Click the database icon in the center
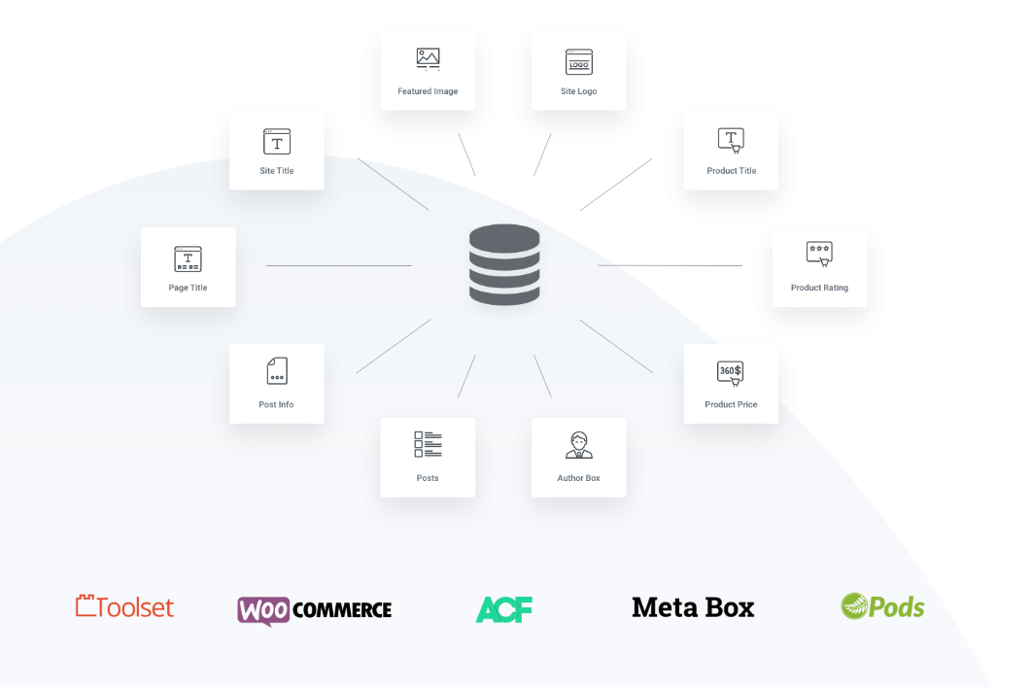tap(504, 265)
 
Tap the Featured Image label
tap(428, 91)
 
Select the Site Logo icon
tap(579, 62)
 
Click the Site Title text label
tap(277, 171)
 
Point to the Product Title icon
tap(731, 141)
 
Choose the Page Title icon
tap(188, 258)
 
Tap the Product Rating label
tap(819, 288)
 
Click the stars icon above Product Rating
tap(819, 253)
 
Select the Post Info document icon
tap(277, 370)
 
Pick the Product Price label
tap(731, 404)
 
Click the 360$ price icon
tap(730, 373)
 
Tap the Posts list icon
tap(428, 445)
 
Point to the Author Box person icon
tap(579, 445)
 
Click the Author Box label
tap(579, 478)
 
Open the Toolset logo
tap(124, 607)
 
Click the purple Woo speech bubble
tap(264, 610)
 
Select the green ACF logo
tap(504, 609)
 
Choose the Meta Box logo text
tap(693, 607)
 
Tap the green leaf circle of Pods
tap(854, 606)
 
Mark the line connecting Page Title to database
tap(338, 265)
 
